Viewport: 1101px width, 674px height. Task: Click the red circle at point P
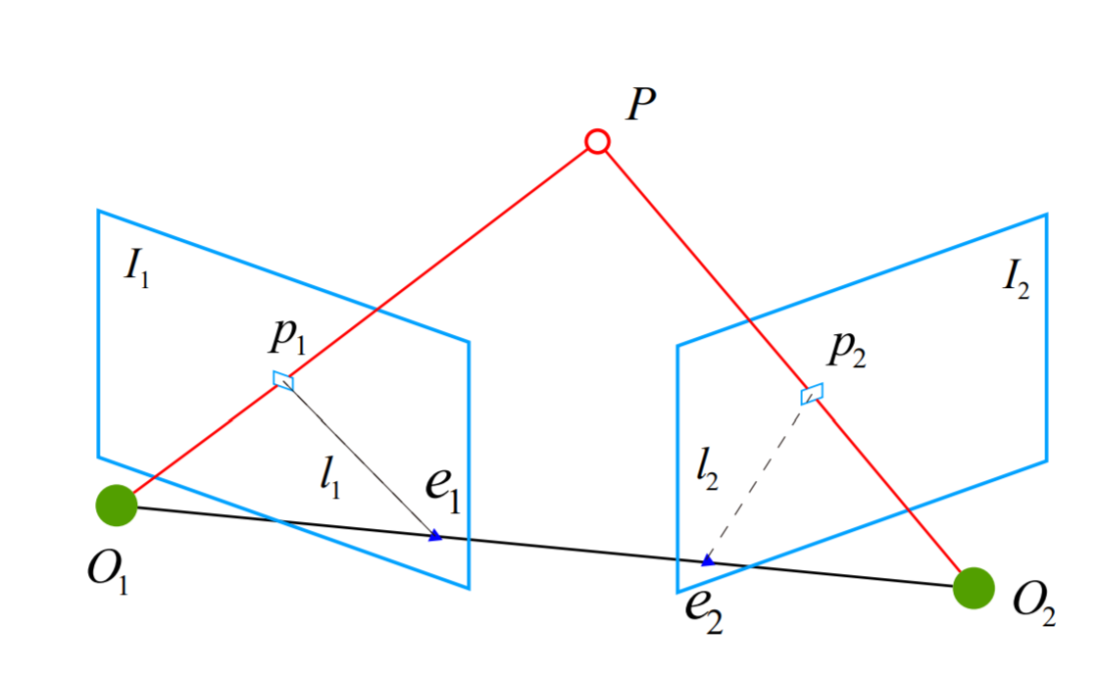point(597,143)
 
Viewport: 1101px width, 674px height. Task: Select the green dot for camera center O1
point(116,505)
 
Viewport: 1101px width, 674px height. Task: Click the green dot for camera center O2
point(974,587)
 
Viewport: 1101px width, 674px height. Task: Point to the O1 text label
point(108,570)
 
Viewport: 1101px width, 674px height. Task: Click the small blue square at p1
point(283,380)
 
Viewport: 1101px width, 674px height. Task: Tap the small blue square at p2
point(811,394)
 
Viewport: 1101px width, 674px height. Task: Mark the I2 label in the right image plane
point(1016,281)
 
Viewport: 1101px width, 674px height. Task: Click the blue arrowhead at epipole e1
point(435,535)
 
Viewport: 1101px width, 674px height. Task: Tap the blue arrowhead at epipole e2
point(706,561)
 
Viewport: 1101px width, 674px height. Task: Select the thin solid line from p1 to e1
point(359,457)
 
